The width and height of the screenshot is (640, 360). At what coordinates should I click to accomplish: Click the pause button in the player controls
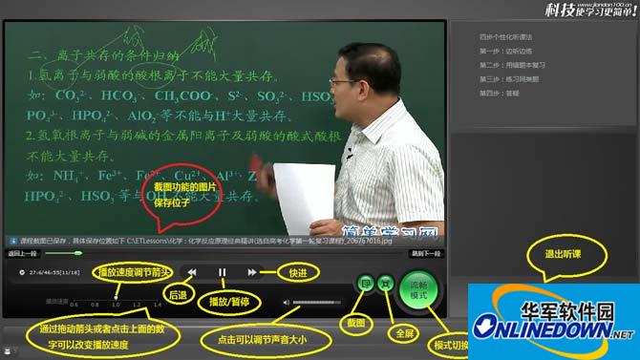click(222, 272)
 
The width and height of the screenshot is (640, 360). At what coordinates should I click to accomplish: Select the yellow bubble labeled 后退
click(177, 296)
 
